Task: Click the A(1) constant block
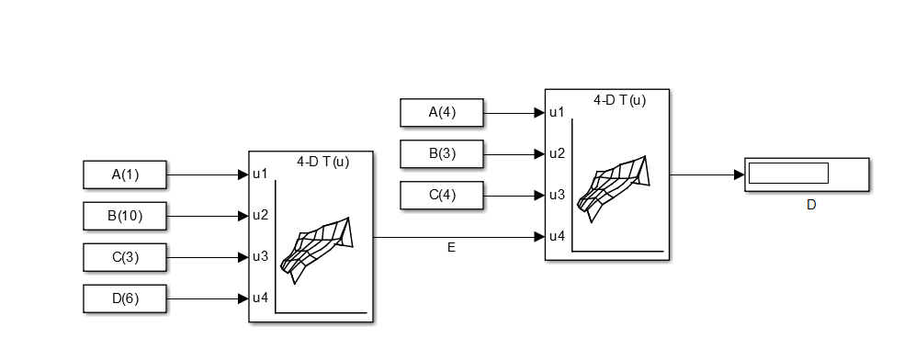[x=125, y=174]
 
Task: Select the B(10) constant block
[x=125, y=216]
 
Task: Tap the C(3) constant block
[x=125, y=257]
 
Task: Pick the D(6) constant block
[x=125, y=299]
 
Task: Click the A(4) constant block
[x=442, y=112]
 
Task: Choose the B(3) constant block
[x=442, y=153]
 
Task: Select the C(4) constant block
[x=442, y=196]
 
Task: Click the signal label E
[x=451, y=248]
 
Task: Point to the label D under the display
[x=811, y=205]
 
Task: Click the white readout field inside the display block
[x=788, y=173]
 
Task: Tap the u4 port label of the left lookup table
[x=261, y=298]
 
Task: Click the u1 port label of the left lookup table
[x=261, y=174]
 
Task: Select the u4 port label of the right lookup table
[x=557, y=236]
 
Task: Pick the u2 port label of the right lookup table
[x=557, y=153]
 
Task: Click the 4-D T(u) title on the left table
[x=322, y=163]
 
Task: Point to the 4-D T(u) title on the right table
[x=620, y=100]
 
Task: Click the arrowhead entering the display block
[x=740, y=174]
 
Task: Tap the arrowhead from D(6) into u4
[x=243, y=298]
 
